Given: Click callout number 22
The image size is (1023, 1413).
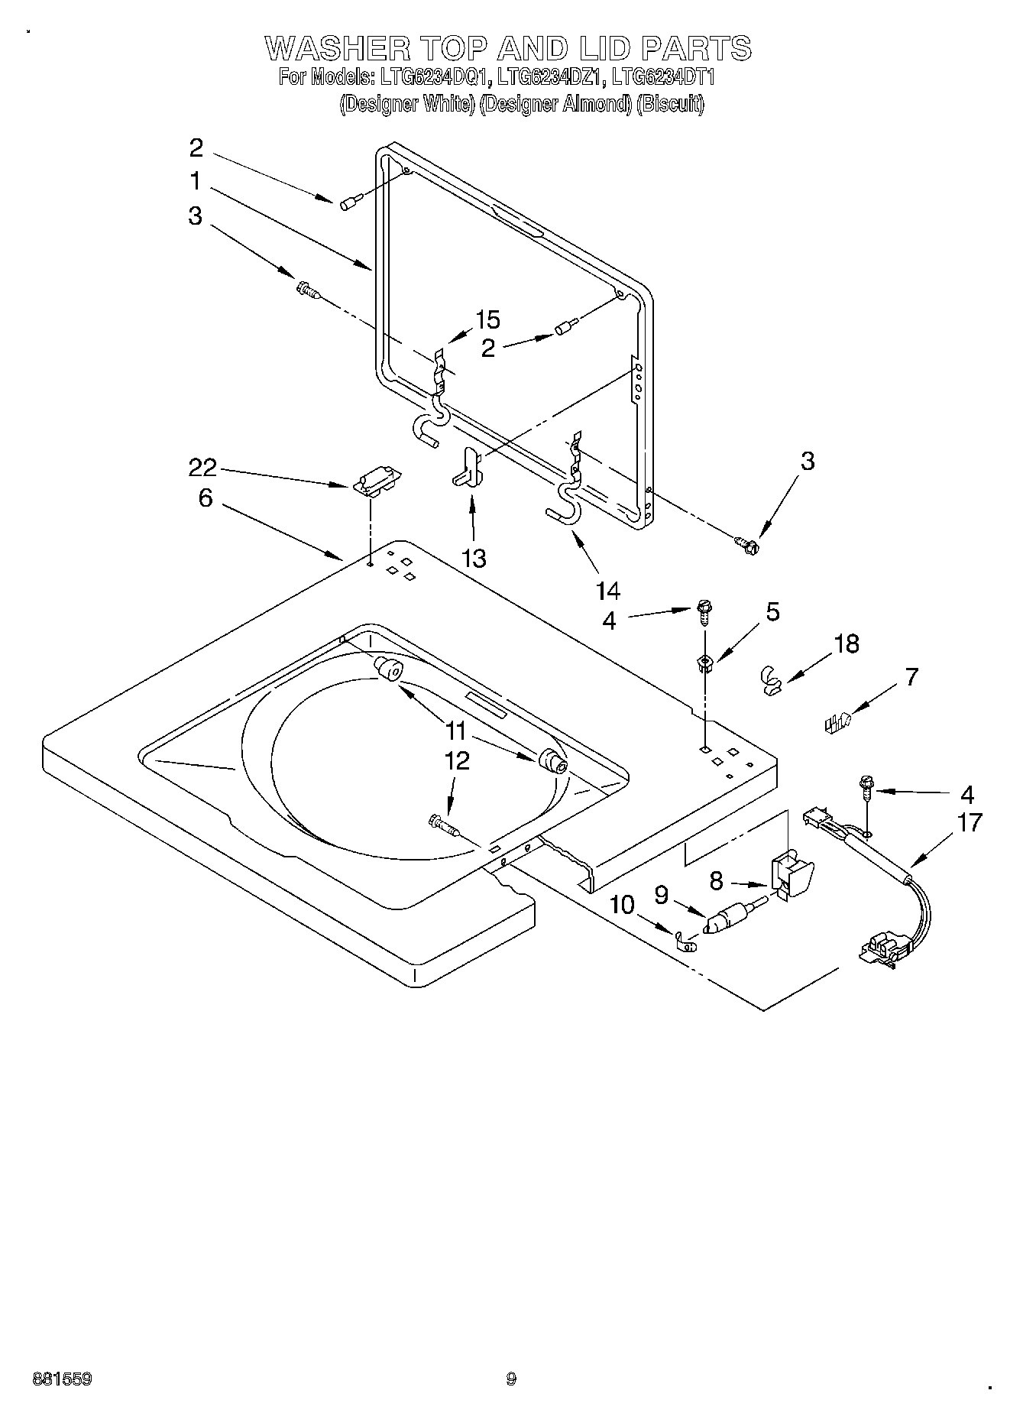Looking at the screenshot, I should point(202,467).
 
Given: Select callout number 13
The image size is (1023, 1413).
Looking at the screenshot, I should point(474,558).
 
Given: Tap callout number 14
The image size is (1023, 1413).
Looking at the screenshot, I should point(608,590).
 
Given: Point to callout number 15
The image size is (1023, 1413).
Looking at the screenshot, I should point(487,319).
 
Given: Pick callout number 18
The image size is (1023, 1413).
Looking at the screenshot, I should point(847,643).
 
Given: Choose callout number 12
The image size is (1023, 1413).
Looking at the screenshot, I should point(456,760).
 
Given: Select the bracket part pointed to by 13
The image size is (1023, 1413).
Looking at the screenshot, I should point(468,468).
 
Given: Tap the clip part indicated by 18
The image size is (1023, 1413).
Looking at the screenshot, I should point(772,679).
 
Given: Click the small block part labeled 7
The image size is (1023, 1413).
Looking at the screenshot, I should point(837,721).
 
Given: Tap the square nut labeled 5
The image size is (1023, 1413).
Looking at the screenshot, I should point(704,662).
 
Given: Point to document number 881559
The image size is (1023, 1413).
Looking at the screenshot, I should point(62,1379).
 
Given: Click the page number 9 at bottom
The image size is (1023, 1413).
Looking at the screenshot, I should point(511,1379).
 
